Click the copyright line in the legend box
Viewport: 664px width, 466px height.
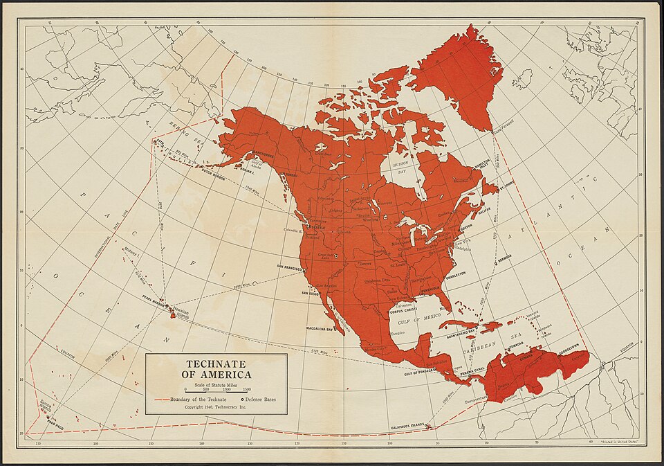[x=215, y=408]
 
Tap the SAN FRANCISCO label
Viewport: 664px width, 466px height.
[x=290, y=267]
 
